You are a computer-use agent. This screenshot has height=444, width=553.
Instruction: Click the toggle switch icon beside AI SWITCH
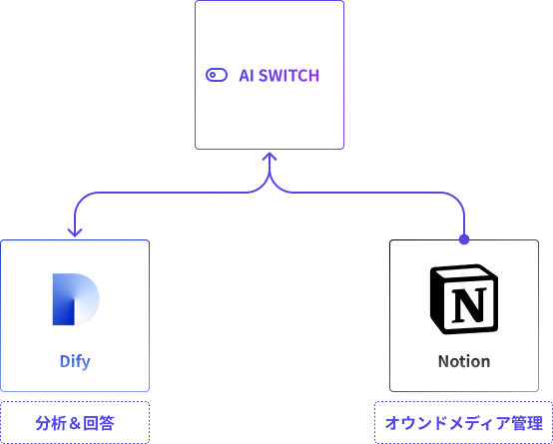pos(217,75)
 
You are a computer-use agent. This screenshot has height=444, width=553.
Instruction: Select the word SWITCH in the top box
pos(289,76)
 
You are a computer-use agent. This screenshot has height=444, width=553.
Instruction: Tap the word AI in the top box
pos(247,76)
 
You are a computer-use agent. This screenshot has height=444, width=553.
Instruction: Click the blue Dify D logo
pos(76,299)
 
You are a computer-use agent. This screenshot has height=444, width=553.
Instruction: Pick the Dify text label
pos(75,362)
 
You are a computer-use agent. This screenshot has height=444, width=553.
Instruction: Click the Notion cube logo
pos(464,299)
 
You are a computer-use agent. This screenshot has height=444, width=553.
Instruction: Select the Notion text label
pos(464,361)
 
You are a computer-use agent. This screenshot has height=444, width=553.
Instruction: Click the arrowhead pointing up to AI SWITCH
pos(270,157)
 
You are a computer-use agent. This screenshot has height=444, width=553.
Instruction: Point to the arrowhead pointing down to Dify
pos(75,232)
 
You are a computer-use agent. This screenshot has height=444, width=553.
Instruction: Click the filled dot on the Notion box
pos(464,239)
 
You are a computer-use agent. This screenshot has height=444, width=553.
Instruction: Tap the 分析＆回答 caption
pos(75,423)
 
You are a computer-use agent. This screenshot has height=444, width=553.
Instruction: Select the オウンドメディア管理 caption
pos(464,423)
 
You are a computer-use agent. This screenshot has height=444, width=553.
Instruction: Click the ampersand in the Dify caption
pos(75,423)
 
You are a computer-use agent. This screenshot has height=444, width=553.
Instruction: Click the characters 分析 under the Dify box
pos(50,423)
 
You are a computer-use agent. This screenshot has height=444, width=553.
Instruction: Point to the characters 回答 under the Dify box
pos(100,423)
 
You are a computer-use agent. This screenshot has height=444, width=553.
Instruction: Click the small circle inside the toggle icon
pos(213,75)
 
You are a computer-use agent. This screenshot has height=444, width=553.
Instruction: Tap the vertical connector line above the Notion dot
pos(464,223)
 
